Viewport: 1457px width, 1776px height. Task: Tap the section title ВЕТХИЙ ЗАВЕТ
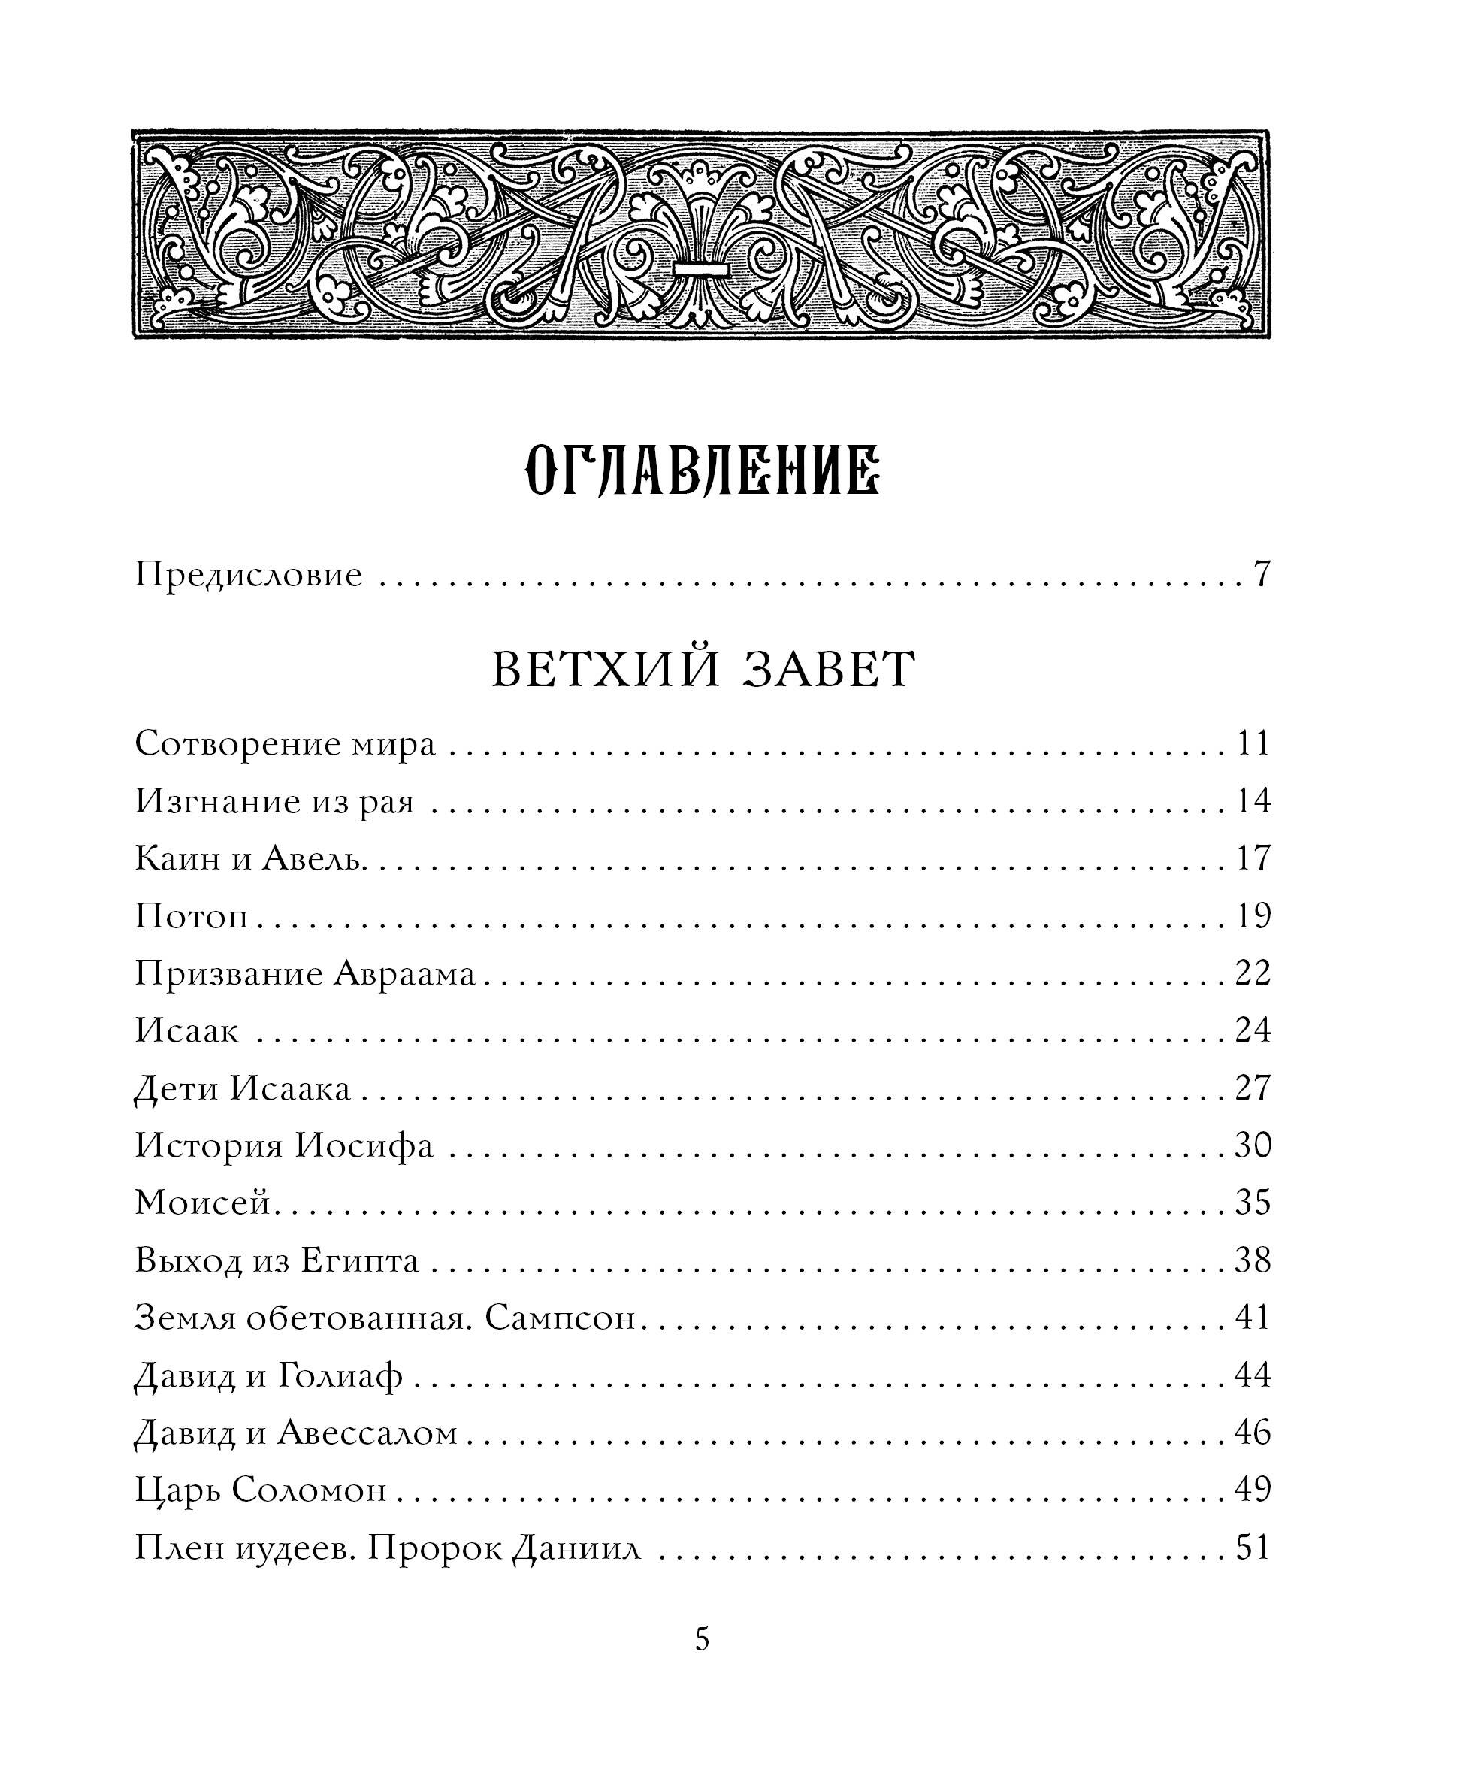tap(703, 670)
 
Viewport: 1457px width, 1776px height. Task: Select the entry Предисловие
tap(249, 576)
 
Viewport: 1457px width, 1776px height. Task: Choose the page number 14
tap(1253, 801)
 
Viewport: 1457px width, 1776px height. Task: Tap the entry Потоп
tap(192, 915)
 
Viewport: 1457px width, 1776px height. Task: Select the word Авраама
tap(404, 973)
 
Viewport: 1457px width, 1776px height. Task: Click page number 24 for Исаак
tap(1253, 1030)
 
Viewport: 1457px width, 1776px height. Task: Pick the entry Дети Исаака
tap(243, 1088)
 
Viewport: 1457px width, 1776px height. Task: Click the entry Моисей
tap(206, 1203)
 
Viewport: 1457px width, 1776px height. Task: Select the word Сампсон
tap(560, 1318)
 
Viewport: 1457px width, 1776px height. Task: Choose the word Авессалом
tap(367, 1433)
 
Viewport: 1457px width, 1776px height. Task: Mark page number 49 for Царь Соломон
tap(1253, 1489)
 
